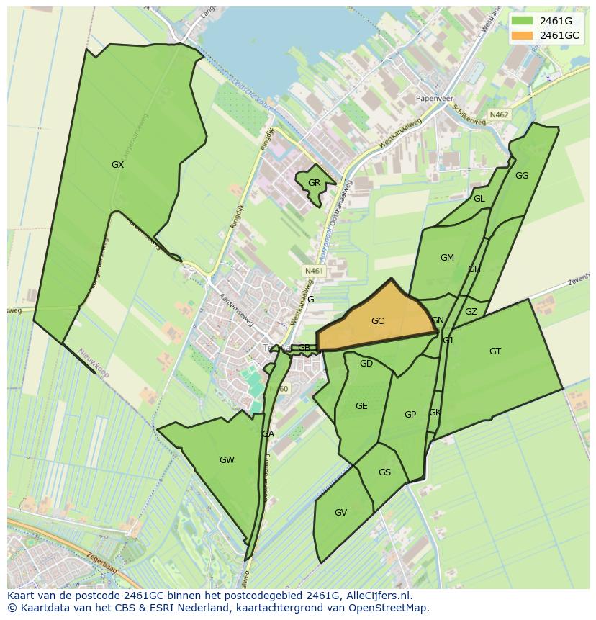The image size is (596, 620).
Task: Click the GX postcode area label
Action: pos(117,165)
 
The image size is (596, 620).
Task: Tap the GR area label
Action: pos(314,183)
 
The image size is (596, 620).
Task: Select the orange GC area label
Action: pos(377,321)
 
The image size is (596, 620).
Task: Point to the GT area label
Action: pos(495,351)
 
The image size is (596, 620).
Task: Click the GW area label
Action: pos(227,460)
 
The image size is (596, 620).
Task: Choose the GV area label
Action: pos(340,513)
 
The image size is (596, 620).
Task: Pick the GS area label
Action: pos(384,472)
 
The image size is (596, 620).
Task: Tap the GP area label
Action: pos(410,414)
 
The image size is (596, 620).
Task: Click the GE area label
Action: pos(361,406)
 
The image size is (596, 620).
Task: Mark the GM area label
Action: pos(447,258)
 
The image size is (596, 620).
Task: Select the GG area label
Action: pos(522,176)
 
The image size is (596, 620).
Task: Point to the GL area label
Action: pos(479,199)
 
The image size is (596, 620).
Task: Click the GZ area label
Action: pos(471,312)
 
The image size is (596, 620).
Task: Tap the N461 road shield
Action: pos(315,271)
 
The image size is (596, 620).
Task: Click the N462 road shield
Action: pos(498,114)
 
